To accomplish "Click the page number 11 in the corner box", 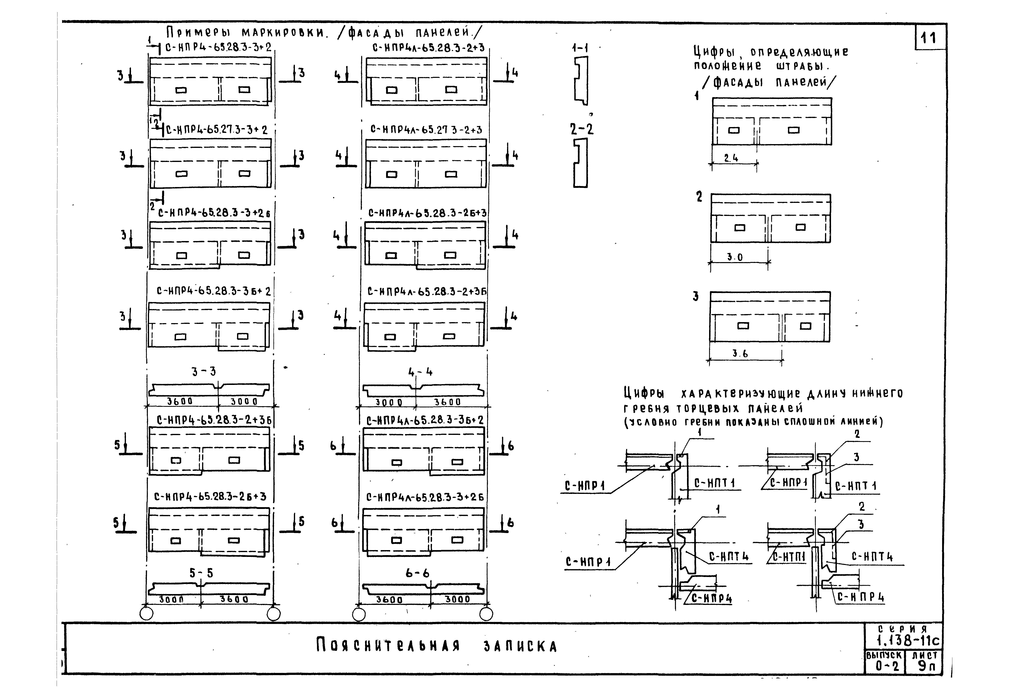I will tap(929, 39).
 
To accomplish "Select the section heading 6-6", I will tap(417, 573).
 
